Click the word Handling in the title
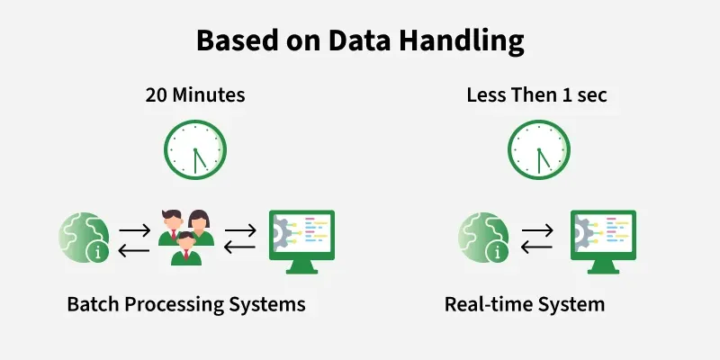(x=461, y=40)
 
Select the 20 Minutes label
(x=195, y=95)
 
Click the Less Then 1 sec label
(x=536, y=95)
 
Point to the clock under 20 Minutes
(x=195, y=149)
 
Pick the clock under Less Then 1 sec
(x=538, y=149)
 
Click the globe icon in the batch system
(x=84, y=238)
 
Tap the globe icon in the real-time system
(x=483, y=238)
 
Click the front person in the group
(x=186, y=248)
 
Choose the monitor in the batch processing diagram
(x=301, y=242)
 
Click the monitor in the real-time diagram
(x=603, y=242)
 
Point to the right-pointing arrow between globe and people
(x=134, y=230)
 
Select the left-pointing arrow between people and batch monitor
(x=239, y=247)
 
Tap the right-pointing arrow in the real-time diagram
(x=537, y=230)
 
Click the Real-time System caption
(x=525, y=304)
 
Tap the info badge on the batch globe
(x=98, y=252)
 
